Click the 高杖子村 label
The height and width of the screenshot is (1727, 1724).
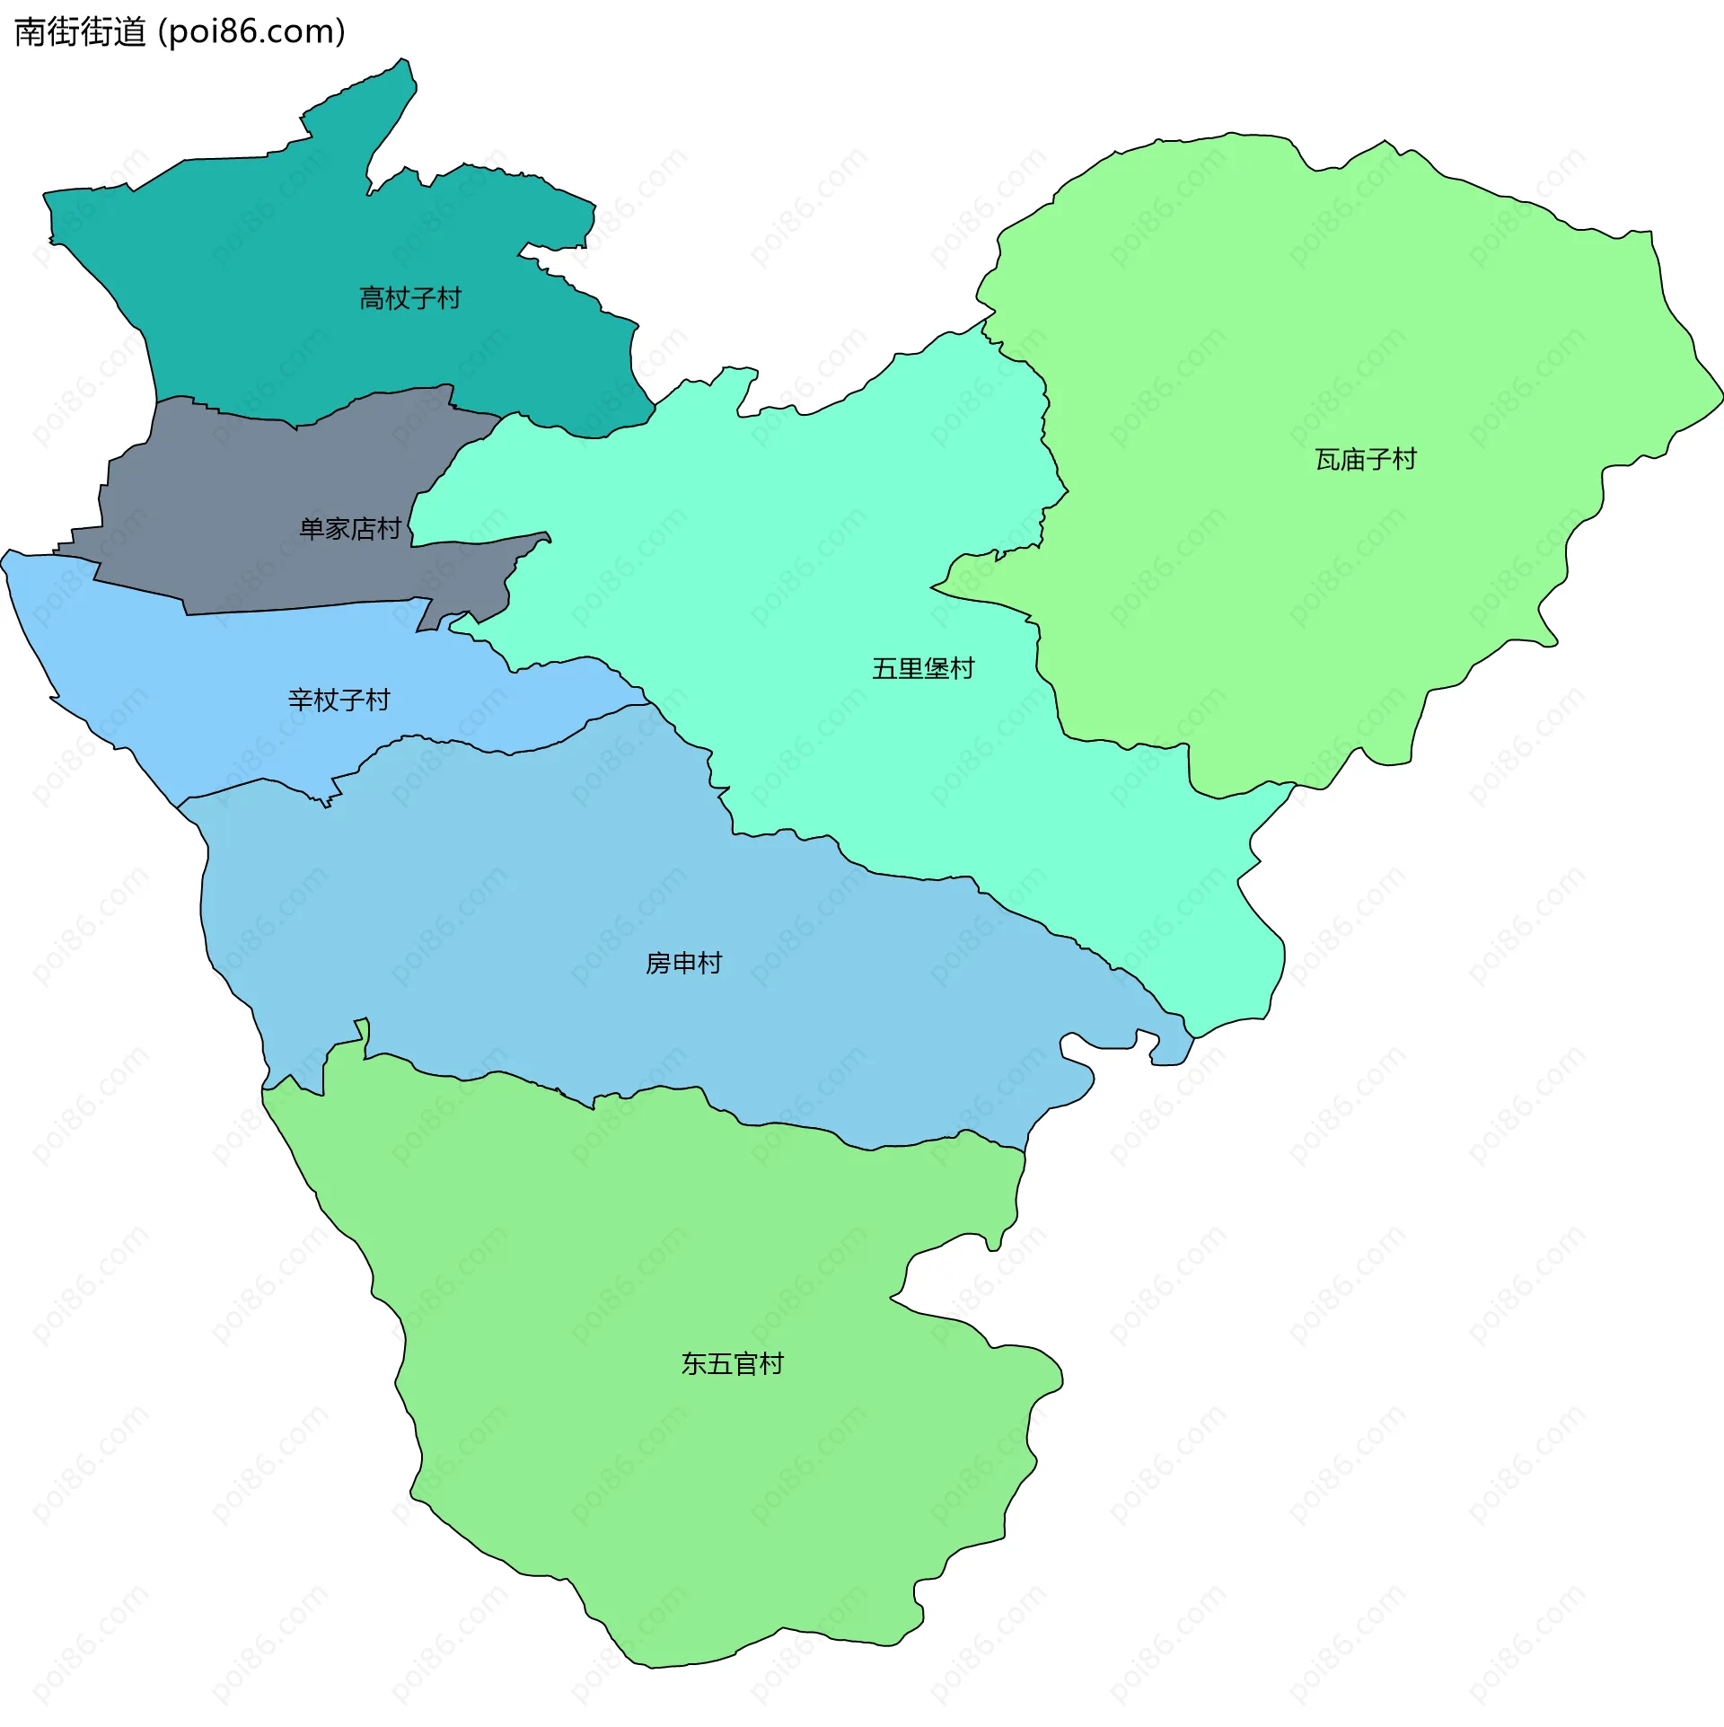tap(410, 298)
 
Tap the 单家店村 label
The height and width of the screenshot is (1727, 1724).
tap(350, 529)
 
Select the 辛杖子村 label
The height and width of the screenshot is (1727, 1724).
tap(339, 700)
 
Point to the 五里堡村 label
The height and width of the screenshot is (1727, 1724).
tap(923, 668)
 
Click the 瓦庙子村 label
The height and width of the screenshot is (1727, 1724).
tap(1366, 460)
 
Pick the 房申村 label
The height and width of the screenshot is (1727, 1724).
tap(684, 964)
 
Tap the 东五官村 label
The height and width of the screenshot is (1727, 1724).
tap(733, 1364)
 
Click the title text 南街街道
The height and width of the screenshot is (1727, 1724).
tap(80, 32)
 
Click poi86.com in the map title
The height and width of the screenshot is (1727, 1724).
tap(251, 32)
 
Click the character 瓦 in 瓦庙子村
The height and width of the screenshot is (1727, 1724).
tap(1328, 460)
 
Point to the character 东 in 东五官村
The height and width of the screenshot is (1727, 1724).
tap(694, 1364)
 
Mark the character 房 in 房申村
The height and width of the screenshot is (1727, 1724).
tap(658, 964)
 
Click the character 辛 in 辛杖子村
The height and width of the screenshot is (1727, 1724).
tap(301, 700)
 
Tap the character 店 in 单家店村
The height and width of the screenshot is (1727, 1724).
tap(363, 529)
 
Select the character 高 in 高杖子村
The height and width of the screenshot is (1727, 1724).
tap(372, 298)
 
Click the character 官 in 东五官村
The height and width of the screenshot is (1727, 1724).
tap(745, 1364)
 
